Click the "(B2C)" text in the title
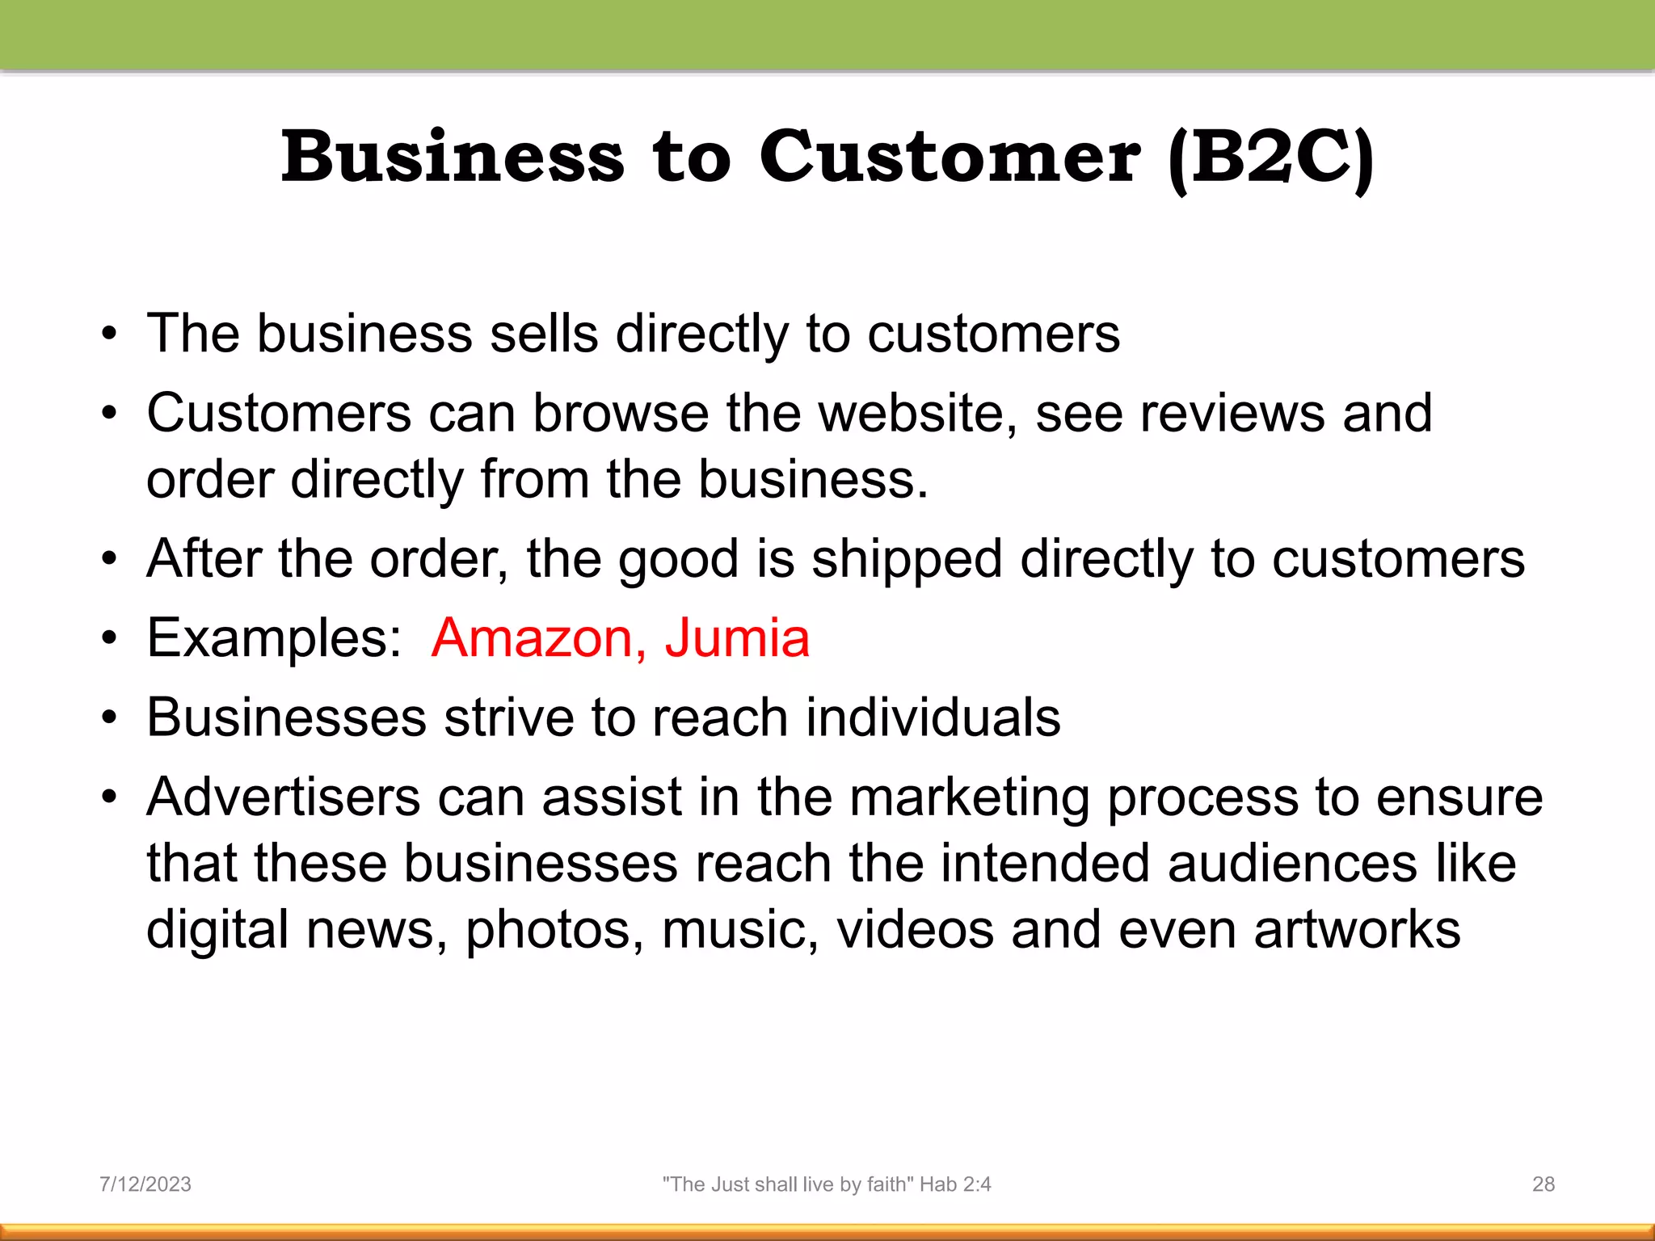pyautogui.click(x=1270, y=158)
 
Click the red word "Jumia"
pyautogui.click(x=737, y=638)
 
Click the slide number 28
pyautogui.click(x=1543, y=1184)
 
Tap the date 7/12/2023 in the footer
pyautogui.click(x=145, y=1184)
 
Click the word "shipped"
pyautogui.click(x=907, y=559)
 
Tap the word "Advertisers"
pyautogui.click(x=284, y=797)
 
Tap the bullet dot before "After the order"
pyautogui.click(x=110, y=559)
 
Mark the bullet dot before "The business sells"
pyautogui.click(x=110, y=334)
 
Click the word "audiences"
pyautogui.click(x=1292, y=863)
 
